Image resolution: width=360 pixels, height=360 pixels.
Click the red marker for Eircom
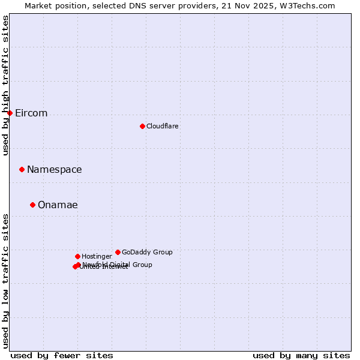(x=10, y=113)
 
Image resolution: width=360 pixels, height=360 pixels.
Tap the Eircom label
(x=31, y=113)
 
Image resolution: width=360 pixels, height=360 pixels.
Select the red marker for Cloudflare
(x=142, y=126)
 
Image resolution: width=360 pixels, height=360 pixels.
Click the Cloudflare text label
(x=162, y=126)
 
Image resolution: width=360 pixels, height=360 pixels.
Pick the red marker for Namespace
(x=22, y=169)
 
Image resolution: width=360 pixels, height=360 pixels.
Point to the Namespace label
(x=54, y=170)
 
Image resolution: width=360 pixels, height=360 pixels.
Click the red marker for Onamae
(x=32, y=205)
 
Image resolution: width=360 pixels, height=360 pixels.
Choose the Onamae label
(x=58, y=205)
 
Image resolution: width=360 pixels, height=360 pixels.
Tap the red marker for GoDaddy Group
(x=118, y=252)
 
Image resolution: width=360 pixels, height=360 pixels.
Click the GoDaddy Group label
(x=147, y=252)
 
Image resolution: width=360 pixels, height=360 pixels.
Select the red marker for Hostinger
(x=77, y=256)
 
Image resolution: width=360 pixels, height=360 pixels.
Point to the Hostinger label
(x=97, y=257)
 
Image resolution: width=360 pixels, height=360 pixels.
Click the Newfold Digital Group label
(x=118, y=264)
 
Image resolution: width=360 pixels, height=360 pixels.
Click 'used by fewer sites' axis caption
(x=62, y=355)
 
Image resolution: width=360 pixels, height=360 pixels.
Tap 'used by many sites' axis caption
(x=301, y=355)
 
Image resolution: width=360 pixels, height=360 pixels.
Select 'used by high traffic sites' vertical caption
(x=6, y=85)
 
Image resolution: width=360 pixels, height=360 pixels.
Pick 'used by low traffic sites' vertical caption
(x=6, y=280)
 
